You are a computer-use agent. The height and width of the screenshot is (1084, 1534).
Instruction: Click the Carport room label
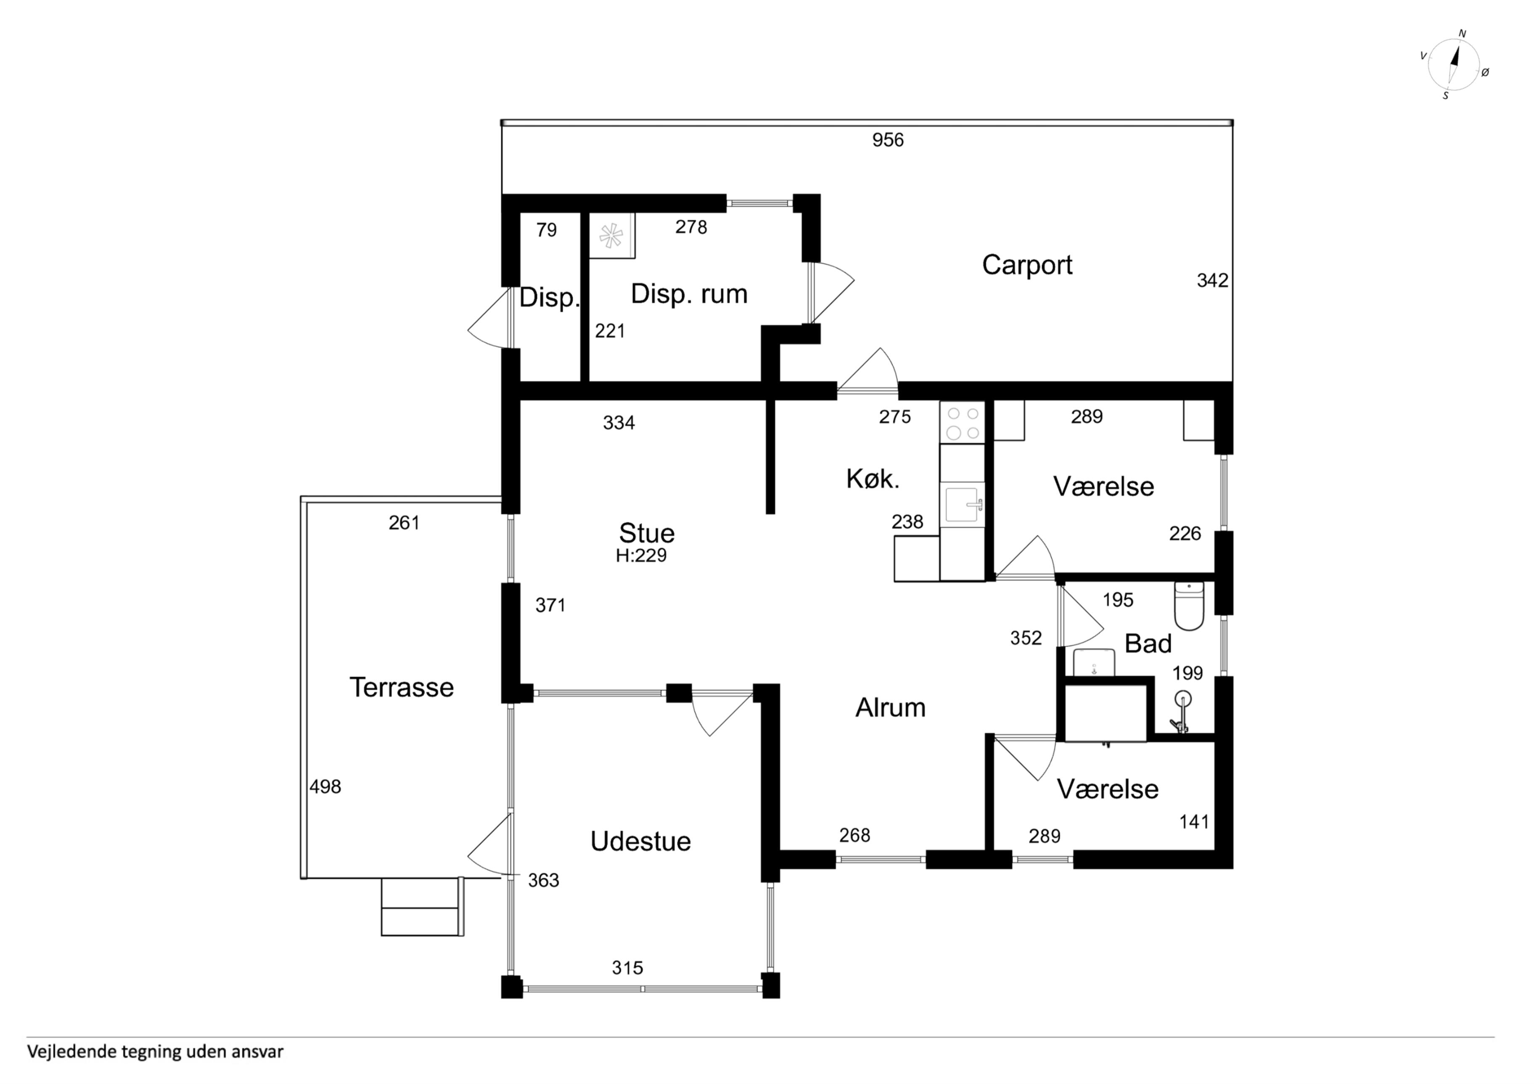[1027, 265]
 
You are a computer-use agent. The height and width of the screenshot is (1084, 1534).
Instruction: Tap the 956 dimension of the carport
[888, 140]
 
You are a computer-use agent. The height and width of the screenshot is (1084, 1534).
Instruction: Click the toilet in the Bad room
[1189, 606]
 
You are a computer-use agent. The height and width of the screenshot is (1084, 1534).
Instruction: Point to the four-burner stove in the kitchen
[962, 423]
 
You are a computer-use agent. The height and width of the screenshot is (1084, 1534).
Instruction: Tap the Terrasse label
[402, 687]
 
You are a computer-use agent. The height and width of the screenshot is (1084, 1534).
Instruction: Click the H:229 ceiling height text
[641, 556]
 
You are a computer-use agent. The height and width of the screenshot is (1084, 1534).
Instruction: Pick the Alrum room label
[891, 708]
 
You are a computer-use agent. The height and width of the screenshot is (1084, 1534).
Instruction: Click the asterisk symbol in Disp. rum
[611, 236]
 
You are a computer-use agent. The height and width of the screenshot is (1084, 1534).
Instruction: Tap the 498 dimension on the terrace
[325, 787]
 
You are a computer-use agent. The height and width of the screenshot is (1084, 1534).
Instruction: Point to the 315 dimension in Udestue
[627, 968]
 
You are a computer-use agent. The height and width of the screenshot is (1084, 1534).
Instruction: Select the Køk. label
[873, 479]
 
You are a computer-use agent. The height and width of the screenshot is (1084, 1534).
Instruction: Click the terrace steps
[422, 907]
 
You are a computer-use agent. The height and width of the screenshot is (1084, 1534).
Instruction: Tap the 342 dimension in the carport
[1213, 280]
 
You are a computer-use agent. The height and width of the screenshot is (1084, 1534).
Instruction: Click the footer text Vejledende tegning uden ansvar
[155, 1052]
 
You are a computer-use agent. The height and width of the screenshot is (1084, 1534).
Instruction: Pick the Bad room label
[1148, 644]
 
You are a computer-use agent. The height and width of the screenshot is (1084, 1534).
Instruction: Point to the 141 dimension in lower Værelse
[1195, 822]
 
